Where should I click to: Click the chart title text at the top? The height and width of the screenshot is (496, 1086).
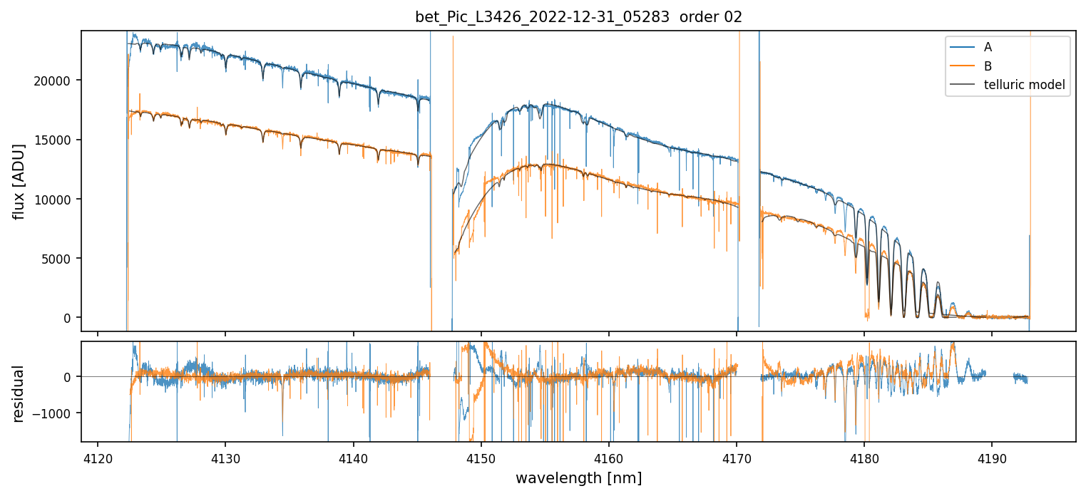click(x=578, y=17)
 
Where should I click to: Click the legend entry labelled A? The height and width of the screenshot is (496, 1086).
click(x=988, y=47)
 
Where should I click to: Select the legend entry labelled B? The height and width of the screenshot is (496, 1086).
click(x=988, y=66)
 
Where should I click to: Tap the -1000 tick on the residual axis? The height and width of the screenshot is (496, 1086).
click(x=58, y=413)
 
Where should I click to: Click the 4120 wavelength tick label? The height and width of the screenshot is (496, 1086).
click(x=98, y=457)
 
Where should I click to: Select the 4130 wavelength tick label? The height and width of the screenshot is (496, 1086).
click(x=225, y=457)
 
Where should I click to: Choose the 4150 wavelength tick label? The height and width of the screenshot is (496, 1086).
click(x=481, y=457)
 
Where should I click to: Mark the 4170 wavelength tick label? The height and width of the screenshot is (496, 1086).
click(x=737, y=457)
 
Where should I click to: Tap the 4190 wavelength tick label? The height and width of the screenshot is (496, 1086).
click(x=992, y=457)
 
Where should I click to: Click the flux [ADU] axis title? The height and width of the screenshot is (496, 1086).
click(x=19, y=181)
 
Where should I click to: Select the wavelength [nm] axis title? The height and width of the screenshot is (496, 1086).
click(x=578, y=478)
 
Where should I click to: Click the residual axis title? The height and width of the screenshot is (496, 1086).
click(x=19, y=393)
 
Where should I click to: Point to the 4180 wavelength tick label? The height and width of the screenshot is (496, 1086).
click(x=864, y=457)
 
